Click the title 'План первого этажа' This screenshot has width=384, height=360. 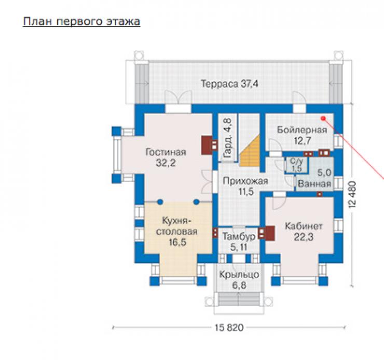[x=81, y=22]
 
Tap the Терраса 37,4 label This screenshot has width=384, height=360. [x=229, y=84]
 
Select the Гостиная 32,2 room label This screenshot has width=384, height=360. [x=166, y=157]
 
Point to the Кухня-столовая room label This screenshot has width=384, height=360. [x=177, y=231]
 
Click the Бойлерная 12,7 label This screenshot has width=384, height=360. [x=302, y=135]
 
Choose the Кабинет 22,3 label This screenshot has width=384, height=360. [x=304, y=231]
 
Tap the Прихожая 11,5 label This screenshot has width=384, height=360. [x=245, y=186]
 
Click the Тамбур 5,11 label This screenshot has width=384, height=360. [x=239, y=242]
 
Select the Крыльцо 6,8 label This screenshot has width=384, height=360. [x=239, y=280]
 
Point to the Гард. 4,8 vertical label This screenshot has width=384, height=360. [x=227, y=139]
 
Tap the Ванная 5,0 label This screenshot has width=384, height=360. [x=314, y=178]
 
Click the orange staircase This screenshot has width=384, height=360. [x=250, y=152]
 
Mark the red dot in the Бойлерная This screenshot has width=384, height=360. [x=323, y=118]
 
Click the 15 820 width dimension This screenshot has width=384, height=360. [x=229, y=327]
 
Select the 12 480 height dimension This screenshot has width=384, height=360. [x=352, y=195]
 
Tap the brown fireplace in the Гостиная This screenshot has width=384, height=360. [x=207, y=145]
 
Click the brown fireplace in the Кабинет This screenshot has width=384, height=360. [x=270, y=233]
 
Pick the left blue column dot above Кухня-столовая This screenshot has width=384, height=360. [x=160, y=202]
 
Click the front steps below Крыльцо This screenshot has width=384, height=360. [x=239, y=299]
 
